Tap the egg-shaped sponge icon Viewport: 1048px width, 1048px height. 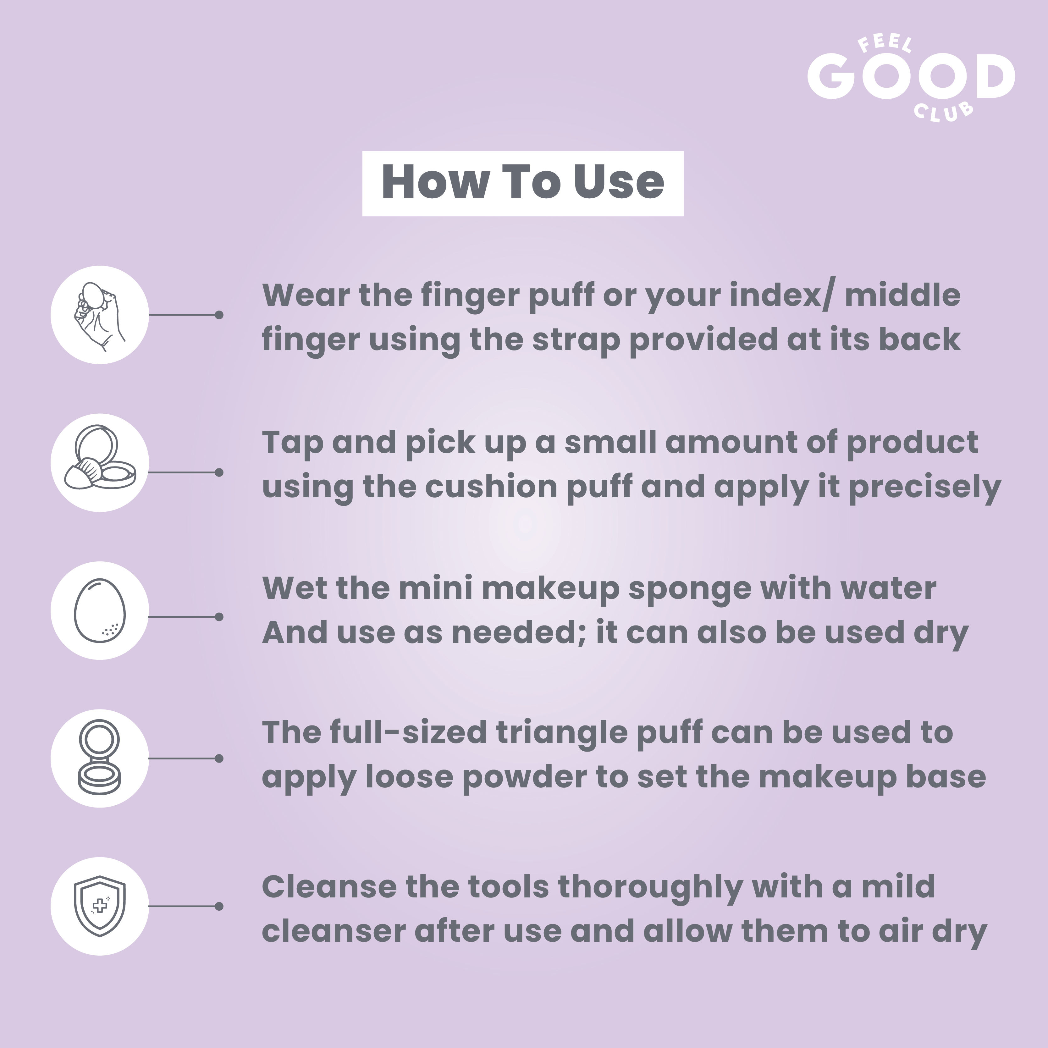[100, 610]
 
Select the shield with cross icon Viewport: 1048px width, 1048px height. [100, 906]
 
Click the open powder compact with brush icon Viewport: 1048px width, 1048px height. [100, 457]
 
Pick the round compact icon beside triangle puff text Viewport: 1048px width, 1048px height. [100, 758]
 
